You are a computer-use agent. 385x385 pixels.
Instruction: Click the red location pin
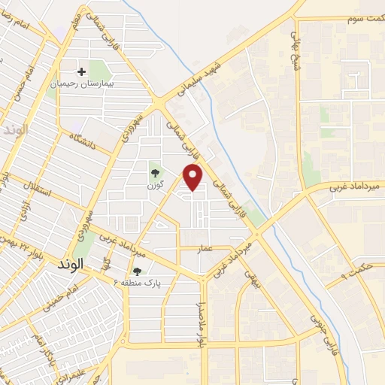(x=193, y=176)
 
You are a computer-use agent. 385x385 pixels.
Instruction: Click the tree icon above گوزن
(x=155, y=173)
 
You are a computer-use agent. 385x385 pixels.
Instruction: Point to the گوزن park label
(x=156, y=185)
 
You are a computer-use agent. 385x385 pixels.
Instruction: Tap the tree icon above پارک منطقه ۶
(x=136, y=271)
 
